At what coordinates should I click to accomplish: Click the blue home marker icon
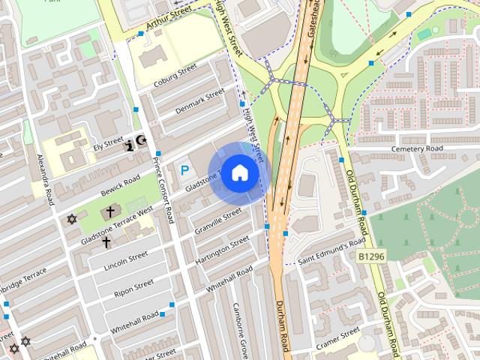(238, 173)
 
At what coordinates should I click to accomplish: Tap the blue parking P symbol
(185, 171)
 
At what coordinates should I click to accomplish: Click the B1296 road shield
(371, 257)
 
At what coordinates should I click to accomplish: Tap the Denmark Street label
(199, 102)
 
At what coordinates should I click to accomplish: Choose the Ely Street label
(108, 142)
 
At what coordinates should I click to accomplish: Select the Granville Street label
(217, 220)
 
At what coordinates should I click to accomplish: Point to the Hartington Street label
(223, 248)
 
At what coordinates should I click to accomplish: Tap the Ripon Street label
(134, 289)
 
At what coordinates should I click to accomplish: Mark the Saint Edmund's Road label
(331, 254)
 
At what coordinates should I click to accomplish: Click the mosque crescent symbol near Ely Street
(142, 141)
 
